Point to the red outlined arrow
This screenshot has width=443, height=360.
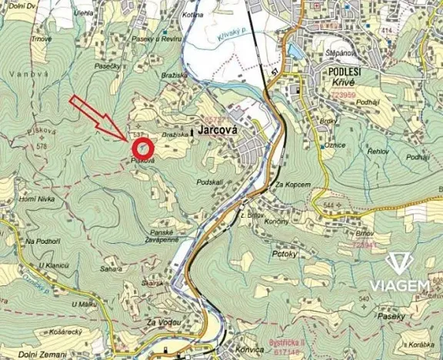(x=98, y=118)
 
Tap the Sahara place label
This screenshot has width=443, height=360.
(x=112, y=268)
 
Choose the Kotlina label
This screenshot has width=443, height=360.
(x=193, y=15)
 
